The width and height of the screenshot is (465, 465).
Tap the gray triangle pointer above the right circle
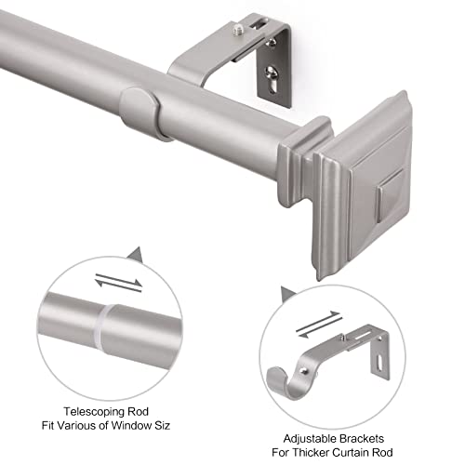pos(286,295)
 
